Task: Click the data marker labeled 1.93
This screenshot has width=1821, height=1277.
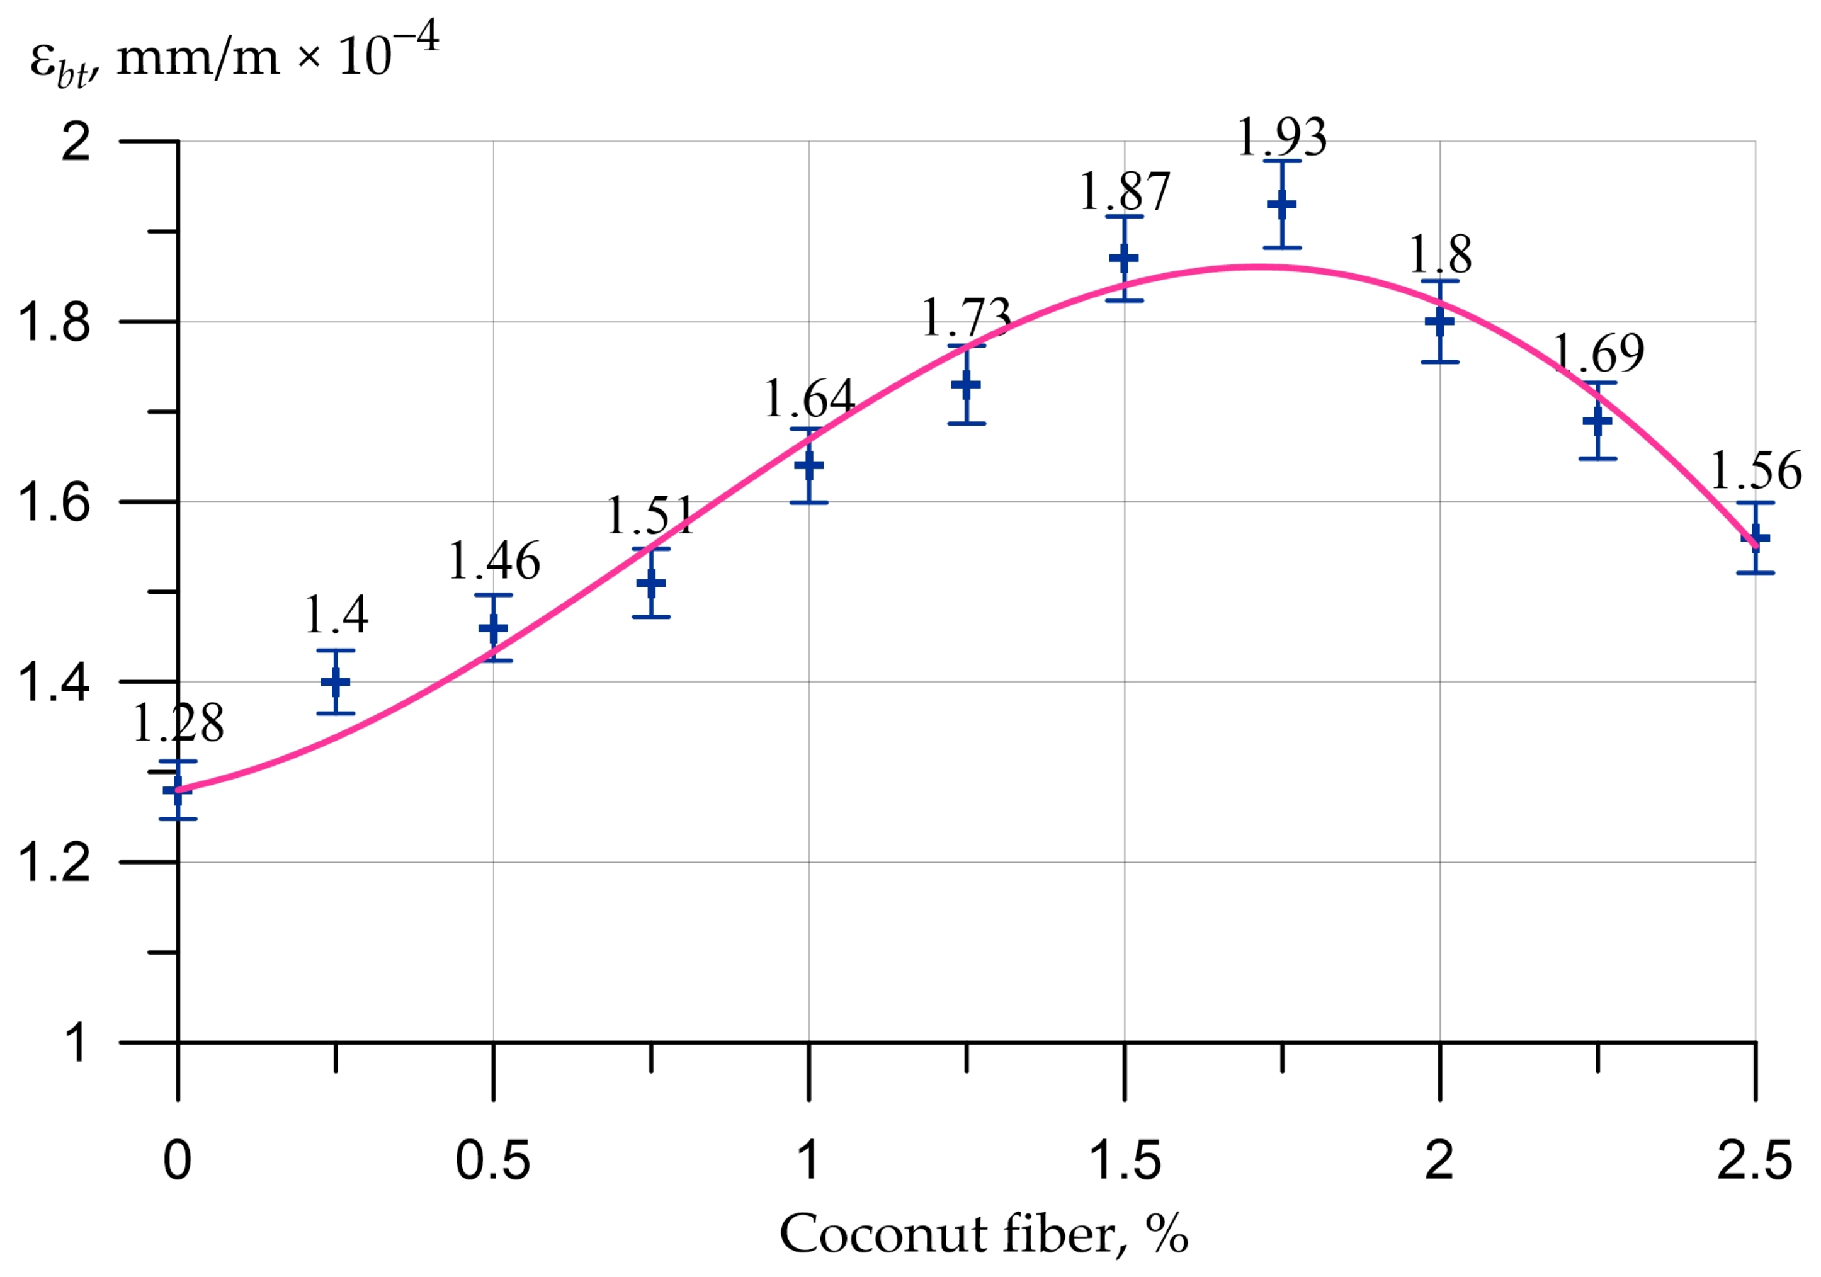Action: point(1281,205)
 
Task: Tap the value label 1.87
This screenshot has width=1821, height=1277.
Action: point(1125,191)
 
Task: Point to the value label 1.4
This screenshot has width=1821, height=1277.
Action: point(336,615)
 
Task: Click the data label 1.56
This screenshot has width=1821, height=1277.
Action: point(1755,471)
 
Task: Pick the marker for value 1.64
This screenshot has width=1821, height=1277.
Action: point(809,465)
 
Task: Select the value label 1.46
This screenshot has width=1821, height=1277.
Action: point(494,562)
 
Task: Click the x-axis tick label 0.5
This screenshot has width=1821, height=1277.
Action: point(492,1161)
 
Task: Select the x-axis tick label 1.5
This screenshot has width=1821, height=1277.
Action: point(1125,1161)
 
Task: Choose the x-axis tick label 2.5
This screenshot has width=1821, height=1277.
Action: point(1754,1161)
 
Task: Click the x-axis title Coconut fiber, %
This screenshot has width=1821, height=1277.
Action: point(984,1234)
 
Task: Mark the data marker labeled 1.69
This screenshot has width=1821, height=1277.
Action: point(1597,421)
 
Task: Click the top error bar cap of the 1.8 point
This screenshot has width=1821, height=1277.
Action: point(1440,281)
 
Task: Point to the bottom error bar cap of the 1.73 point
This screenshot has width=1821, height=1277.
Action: point(967,424)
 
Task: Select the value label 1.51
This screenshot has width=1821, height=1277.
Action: point(650,516)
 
